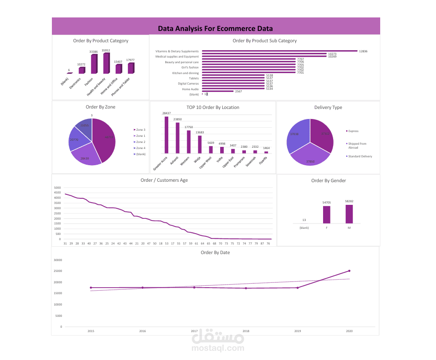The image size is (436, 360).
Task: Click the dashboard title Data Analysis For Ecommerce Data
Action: (x=215, y=29)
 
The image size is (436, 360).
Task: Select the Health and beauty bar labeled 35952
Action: (x=106, y=64)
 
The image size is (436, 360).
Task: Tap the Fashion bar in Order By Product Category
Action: (x=94, y=64)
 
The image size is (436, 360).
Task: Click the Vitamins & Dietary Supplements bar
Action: (x=279, y=51)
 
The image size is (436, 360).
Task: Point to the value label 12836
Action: (x=363, y=51)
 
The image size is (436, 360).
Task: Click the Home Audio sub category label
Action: (x=190, y=89)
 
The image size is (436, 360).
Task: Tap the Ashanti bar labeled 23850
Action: (x=177, y=138)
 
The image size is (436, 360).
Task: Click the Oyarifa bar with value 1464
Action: (x=266, y=152)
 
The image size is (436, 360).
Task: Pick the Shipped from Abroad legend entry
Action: (x=358, y=145)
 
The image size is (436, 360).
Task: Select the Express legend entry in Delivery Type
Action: (x=353, y=131)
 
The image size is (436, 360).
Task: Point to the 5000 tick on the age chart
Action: (x=57, y=187)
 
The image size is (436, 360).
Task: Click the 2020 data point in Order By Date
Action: (x=349, y=271)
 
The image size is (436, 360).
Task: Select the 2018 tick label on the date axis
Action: (x=246, y=331)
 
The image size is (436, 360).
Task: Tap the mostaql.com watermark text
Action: (x=218, y=349)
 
